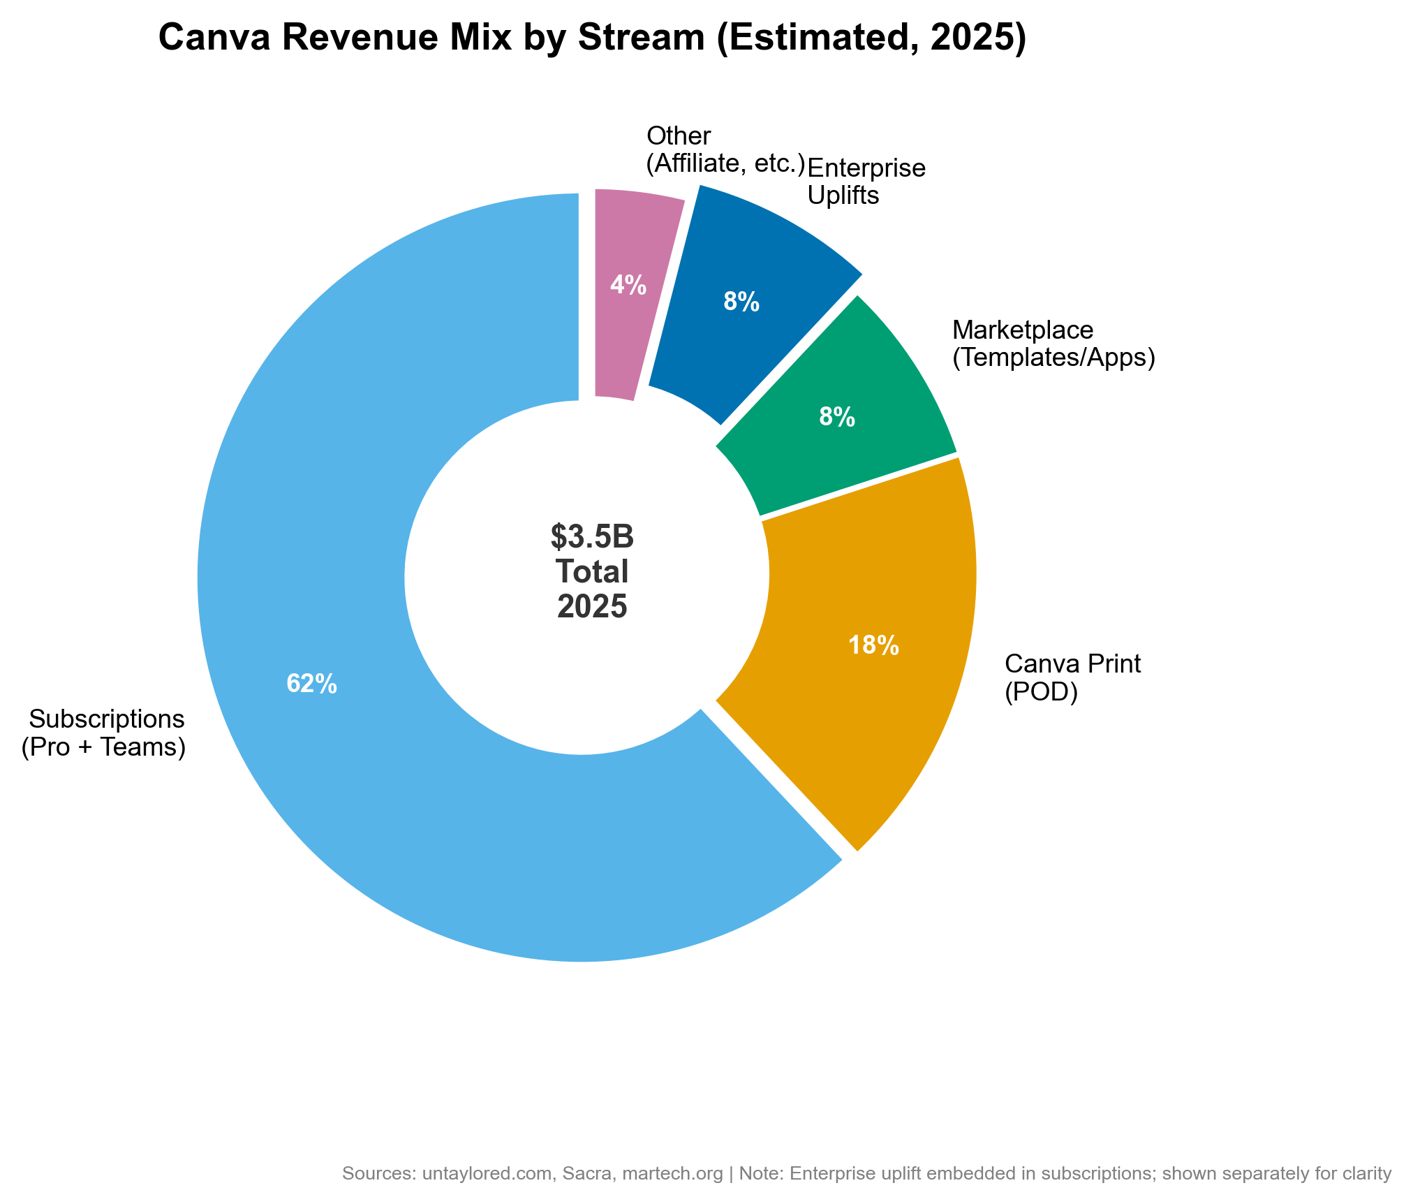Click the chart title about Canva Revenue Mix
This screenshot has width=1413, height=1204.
[x=592, y=38]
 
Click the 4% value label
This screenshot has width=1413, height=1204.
[x=628, y=285]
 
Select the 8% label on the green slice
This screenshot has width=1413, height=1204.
[x=836, y=418]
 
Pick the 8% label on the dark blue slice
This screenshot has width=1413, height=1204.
[x=741, y=302]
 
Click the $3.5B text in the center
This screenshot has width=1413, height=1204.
[x=592, y=537]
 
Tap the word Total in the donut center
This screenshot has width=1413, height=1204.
[x=592, y=572]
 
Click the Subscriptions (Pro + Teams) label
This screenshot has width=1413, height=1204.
[x=105, y=733]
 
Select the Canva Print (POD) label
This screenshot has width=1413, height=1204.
[x=1072, y=677]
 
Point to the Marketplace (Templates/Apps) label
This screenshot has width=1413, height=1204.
[x=1053, y=343]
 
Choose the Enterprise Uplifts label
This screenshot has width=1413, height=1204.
[x=866, y=182]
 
